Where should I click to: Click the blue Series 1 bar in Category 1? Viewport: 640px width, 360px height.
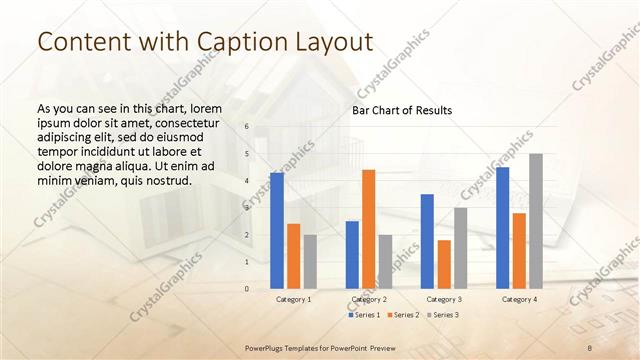(x=277, y=231)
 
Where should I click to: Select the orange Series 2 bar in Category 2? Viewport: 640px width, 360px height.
(x=368, y=229)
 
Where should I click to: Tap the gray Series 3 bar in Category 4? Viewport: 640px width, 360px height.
(x=536, y=221)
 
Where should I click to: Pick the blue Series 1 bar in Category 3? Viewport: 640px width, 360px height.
(x=427, y=241)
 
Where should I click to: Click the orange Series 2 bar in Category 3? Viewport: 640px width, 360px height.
(x=444, y=264)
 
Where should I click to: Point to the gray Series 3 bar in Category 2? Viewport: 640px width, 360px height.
(x=385, y=261)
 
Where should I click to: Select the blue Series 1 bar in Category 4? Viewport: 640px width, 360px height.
(x=502, y=228)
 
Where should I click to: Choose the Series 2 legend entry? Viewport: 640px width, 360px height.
(x=403, y=315)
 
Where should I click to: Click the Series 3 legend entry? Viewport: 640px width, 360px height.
(x=441, y=315)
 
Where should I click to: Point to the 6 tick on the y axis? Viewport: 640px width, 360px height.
(x=247, y=127)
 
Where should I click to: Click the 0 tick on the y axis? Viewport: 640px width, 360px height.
(x=247, y=289)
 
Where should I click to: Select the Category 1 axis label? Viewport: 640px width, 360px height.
(x=293, y=299)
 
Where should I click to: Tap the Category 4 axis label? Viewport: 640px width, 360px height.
(x=518, y=299)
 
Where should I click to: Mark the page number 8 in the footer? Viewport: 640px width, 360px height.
(x=590, y=346)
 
